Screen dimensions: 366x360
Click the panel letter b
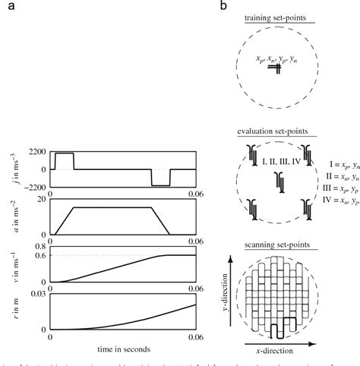(223, 7)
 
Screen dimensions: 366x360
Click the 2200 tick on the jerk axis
(36, 153)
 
